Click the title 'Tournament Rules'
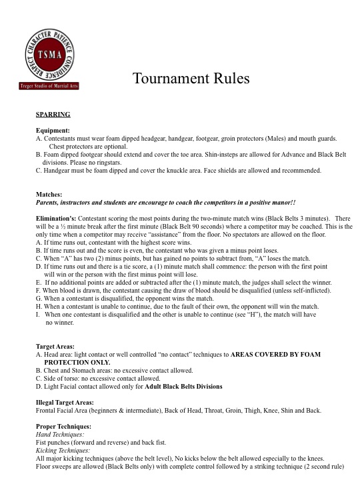pyautogui.click(x=191, y=79)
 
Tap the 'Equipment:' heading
pyautogui.click(x=53, y=130)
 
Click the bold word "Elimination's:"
pyautogui.click(x=57, y=218)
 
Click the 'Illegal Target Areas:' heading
pyautogui.click(x=67, y=401)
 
